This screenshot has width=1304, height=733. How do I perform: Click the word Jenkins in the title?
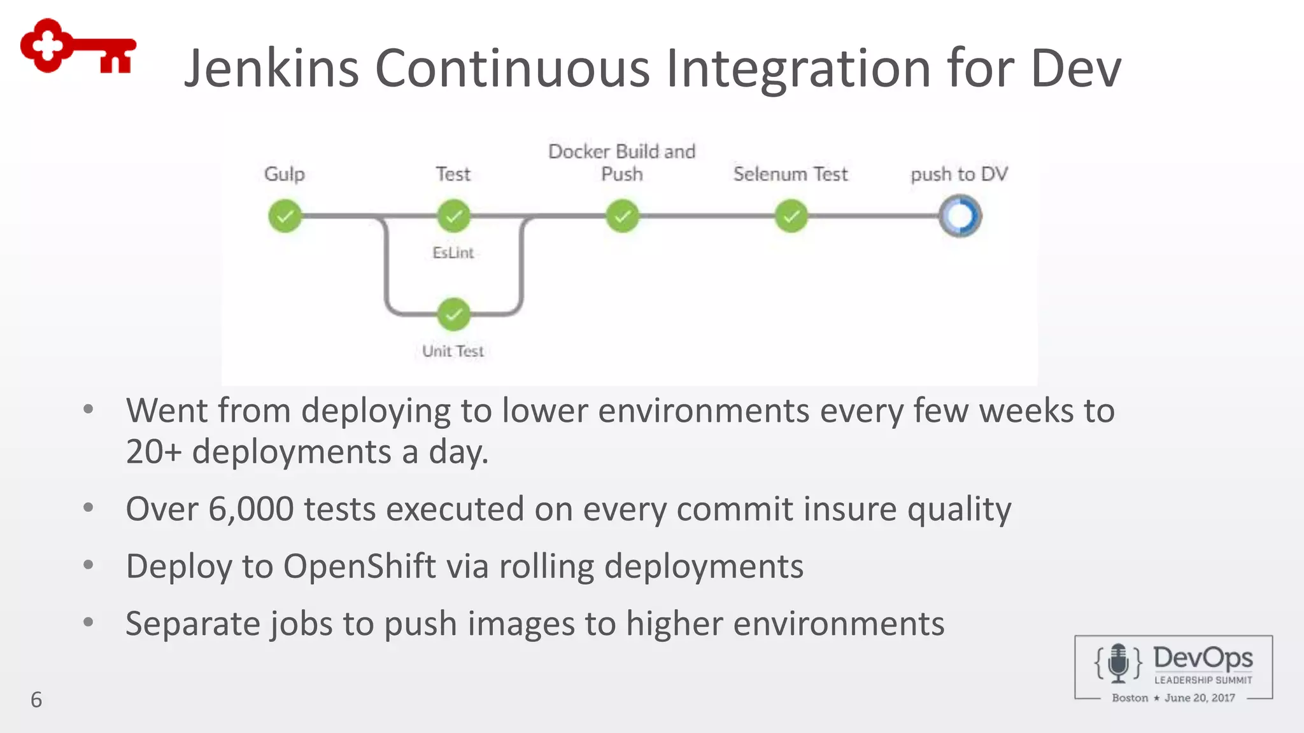(271, 68)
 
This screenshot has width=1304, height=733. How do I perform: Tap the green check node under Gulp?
(285, 216)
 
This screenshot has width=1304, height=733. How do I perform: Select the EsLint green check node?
(453, 216)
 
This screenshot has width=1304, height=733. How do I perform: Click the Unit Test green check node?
(453, 314)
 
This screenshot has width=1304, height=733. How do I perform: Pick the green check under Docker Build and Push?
(622, 216)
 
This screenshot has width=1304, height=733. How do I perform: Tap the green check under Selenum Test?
(791, 216)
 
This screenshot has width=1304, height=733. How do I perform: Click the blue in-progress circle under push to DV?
(960, 216)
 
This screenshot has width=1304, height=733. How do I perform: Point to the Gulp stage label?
(285, 174)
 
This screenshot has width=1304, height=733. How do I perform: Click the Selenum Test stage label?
(790, 174)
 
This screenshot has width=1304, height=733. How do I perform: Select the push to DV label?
(959, 174)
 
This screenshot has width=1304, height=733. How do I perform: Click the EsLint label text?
(453, 253)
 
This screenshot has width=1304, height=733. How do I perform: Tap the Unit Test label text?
(453, 351)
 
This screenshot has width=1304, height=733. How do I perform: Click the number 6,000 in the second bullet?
(251, 509)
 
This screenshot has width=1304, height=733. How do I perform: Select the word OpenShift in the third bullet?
(359, 566)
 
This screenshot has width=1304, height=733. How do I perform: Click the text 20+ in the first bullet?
(153, 452)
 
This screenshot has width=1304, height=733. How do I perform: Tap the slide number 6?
(36, 700)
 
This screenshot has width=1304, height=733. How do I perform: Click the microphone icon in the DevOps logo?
(1118, 663)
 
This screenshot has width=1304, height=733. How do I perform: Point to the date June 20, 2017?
(1200, 698)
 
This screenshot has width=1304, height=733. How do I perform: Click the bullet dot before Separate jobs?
(89, 622)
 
